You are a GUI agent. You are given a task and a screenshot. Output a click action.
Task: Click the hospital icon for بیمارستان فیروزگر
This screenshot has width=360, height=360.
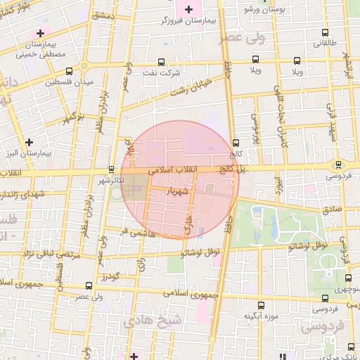coord(188,9)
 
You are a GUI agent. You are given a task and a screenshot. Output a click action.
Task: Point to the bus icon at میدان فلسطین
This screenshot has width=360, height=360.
coord(69,71)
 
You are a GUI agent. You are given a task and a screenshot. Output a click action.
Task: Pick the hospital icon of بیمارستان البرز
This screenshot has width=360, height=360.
coord(28,142)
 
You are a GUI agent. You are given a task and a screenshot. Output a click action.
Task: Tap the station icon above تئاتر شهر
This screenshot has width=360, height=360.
coord(112,169)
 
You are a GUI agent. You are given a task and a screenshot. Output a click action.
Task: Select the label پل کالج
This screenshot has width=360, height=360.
coord(231,169)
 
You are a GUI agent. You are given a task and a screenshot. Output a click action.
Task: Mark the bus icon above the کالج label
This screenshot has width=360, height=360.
coord(235,143)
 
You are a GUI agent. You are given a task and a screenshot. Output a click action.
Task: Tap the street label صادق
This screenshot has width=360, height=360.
coord(333,210)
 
